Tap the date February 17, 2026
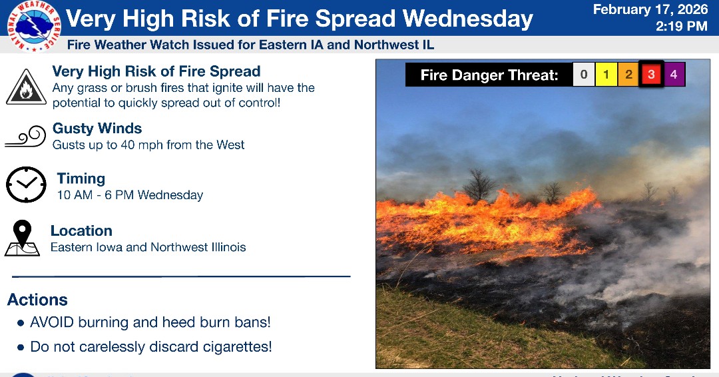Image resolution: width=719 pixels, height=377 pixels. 650,10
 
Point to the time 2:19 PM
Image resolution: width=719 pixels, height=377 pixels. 681,27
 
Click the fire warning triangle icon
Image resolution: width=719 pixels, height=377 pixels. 26,87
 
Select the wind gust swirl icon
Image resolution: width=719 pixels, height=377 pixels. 25,137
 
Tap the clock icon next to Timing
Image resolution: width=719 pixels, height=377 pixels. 26,185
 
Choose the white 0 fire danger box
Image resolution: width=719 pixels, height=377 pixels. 584,75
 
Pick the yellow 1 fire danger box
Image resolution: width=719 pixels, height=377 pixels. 606,75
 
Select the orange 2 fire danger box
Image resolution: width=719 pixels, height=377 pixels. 628,75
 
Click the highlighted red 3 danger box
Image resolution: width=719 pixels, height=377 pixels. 651,75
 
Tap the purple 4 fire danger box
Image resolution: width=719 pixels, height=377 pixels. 674,75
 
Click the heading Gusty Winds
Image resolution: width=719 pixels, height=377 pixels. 97,129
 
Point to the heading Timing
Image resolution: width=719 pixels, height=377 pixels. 81,179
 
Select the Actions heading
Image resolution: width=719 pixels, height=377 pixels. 37,300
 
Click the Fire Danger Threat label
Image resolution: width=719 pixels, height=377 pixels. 489,75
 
